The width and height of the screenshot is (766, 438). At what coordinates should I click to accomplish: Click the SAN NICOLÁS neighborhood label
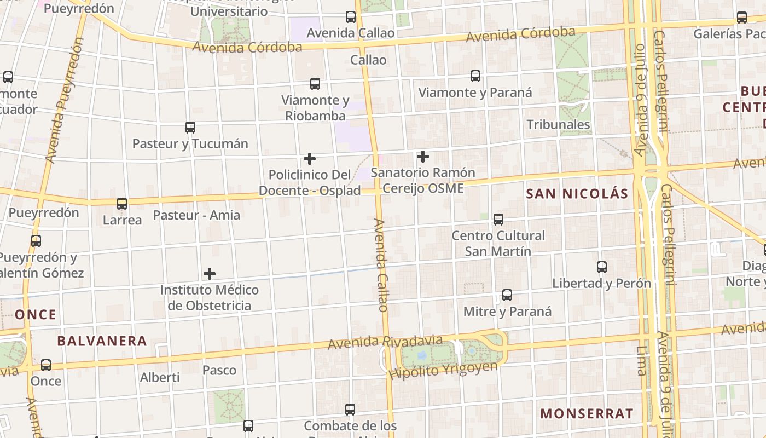[x=577, y=194]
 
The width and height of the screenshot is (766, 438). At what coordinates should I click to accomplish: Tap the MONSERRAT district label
[x=587, y=413]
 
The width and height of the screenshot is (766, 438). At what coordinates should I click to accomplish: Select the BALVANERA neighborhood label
[x=102, y=341]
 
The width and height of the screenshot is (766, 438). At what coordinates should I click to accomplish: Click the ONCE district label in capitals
[x=36, y=315]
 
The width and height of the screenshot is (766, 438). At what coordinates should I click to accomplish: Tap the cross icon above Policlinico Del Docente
[x=310, y=159]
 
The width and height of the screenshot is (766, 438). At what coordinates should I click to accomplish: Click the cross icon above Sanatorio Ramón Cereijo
[x=422, y=157]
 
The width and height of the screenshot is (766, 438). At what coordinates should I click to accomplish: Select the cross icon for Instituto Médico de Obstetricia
[x=210, y=274]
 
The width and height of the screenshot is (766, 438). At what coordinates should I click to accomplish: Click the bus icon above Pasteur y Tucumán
[x=190, y=128]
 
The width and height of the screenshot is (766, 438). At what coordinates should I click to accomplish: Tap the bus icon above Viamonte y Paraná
[x=475, y=76]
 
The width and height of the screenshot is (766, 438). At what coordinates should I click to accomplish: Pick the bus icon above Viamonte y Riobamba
[x=315, y=84]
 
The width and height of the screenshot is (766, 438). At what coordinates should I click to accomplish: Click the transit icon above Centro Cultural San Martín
[x=498, y=220]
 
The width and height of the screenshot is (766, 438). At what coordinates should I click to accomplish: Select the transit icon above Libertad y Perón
[x=602, y=267]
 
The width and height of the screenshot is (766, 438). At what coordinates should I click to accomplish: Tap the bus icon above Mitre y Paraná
[x=507, y=295]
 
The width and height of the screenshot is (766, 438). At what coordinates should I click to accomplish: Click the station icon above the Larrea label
[x=122, y=204]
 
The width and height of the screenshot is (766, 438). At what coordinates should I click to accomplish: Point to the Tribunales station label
[x=558, y=124]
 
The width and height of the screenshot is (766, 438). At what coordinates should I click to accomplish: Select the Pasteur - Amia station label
[x=196, y=215]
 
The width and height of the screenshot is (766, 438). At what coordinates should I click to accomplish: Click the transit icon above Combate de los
[x=350, y=409]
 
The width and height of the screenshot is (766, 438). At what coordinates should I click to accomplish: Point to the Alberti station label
[x=160, y=377]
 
